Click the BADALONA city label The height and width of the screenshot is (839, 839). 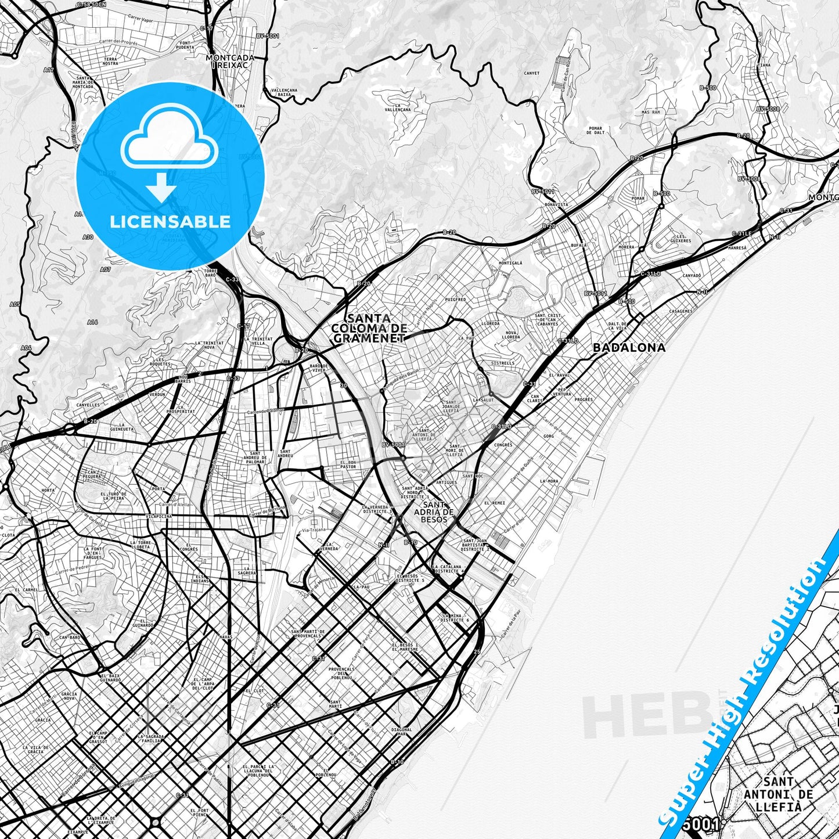click(x=629, y=347)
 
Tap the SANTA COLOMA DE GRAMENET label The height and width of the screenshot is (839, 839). click(x=368, y=328)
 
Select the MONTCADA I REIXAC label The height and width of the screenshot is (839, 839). click(x=230, y=62)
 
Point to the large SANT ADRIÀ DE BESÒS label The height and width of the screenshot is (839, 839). click(x=434, y=512)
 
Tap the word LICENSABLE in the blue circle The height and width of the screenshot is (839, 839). click(x=170, y=221)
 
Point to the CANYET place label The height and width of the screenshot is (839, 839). click(x=531, y=73)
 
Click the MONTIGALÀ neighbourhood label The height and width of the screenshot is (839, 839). click(x=510, y=262)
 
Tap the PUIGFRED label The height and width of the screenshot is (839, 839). click(x=455, y=300)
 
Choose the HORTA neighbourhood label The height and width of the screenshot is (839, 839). click(x=48, y=490)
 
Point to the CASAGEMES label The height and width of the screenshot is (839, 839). click(x=680, y=311)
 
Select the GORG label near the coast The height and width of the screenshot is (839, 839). click(x=549, y=436)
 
